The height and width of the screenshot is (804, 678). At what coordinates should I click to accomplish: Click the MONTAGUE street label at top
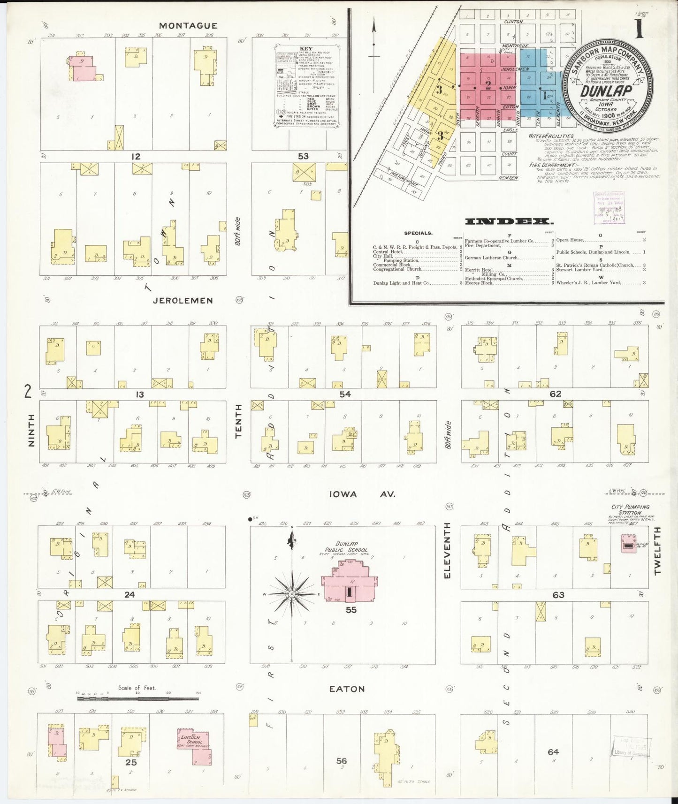click(x=188, y=26)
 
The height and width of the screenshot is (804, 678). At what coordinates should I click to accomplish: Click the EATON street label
click(x=347, y=689)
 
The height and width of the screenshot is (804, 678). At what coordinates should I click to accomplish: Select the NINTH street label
click(x=31, y=430)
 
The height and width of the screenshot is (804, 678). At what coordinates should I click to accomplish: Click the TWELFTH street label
click(x=656, y=550)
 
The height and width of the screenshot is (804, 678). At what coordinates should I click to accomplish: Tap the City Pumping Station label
click(x=630, y=509)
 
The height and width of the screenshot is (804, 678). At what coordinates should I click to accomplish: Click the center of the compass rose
click(x=292, y=594)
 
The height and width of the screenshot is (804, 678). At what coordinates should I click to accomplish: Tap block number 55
click(x=351, y=610)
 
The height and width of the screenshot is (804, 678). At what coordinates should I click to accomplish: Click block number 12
click(x=136, y=156)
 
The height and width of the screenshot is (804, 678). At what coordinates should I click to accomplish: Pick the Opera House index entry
click(x=570, y=240)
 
